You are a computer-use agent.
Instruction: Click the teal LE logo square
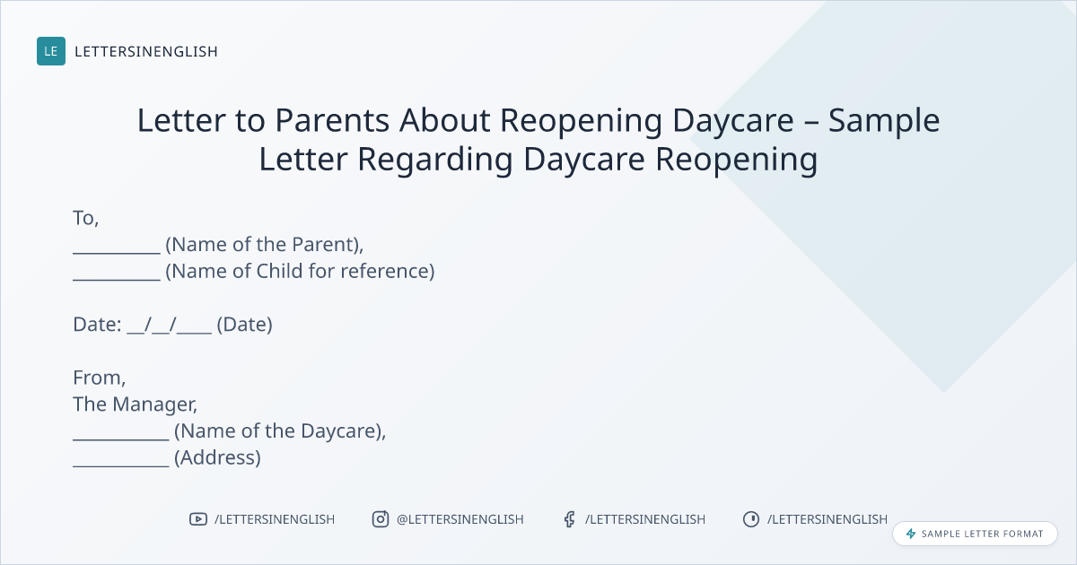point(51,51)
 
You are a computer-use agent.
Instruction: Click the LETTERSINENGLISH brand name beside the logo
point(146,51)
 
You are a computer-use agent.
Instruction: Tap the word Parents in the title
point(332,120)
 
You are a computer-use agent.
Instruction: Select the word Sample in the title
point(884,121)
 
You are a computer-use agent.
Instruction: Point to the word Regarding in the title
point(434,160)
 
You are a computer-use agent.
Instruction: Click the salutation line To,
point(86,218)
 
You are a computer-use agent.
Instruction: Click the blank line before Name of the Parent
point(117,253)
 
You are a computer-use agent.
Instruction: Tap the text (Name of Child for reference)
point(300,272)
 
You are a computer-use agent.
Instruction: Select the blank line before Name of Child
point(117,279)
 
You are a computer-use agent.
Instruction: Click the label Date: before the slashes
point(97,325)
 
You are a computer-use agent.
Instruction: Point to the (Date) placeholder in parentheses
point(245,325)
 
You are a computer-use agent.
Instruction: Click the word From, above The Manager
point(99,378)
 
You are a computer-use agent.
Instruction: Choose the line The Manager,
point(136,404)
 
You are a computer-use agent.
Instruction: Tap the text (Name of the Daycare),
point(280,431)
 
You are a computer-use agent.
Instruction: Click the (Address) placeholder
point(217,458)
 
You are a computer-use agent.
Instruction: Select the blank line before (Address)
point(121,465)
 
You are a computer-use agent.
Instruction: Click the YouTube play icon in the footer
point(198,519)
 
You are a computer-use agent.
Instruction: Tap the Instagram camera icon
point(381,519)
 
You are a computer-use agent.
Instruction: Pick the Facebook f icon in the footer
point(569,519)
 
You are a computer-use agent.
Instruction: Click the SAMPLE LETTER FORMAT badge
point(975,534)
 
